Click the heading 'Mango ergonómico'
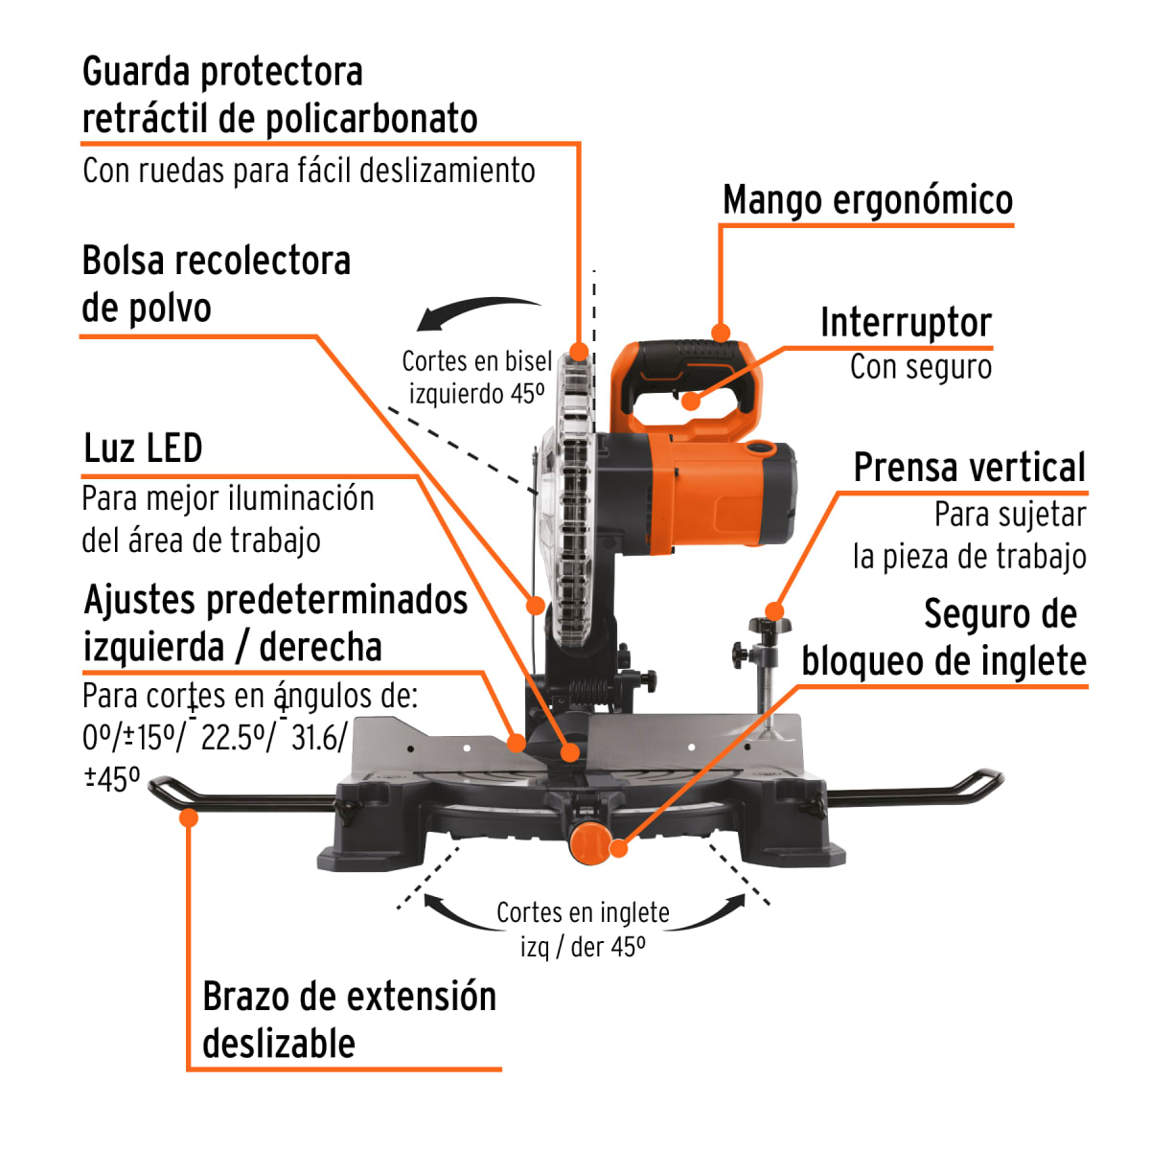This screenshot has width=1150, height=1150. pyautogui.click(x=867, y=200)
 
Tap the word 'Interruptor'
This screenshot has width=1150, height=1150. pyautogui.click(x=906, y=323)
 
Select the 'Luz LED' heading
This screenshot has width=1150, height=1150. pyautogui.click(x=143, y=448)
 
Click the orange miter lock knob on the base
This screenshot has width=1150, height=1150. pyautogui.click(x=588, y=842)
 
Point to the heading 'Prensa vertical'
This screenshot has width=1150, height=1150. pyautogui.click(x=969, y=468)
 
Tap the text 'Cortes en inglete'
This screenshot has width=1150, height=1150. pyautogui.click(x=583, y=912)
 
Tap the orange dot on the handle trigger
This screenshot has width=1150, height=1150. pyautogui.click(x=691, y=401)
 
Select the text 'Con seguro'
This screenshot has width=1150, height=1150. pyautogui.click(x=920, y=367)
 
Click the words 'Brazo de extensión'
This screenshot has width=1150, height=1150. pyautogui.click(x=349, y=997)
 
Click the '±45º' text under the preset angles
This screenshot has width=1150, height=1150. pyautogui.click(x=111, y=778)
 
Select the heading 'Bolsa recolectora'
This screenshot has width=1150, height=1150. pyautogui.click(x=216, y=261)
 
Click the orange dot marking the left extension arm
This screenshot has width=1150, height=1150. pyautogui.click(x=189, y=817)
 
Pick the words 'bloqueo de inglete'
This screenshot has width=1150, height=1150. pyautogui.click(x=943, y=661)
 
